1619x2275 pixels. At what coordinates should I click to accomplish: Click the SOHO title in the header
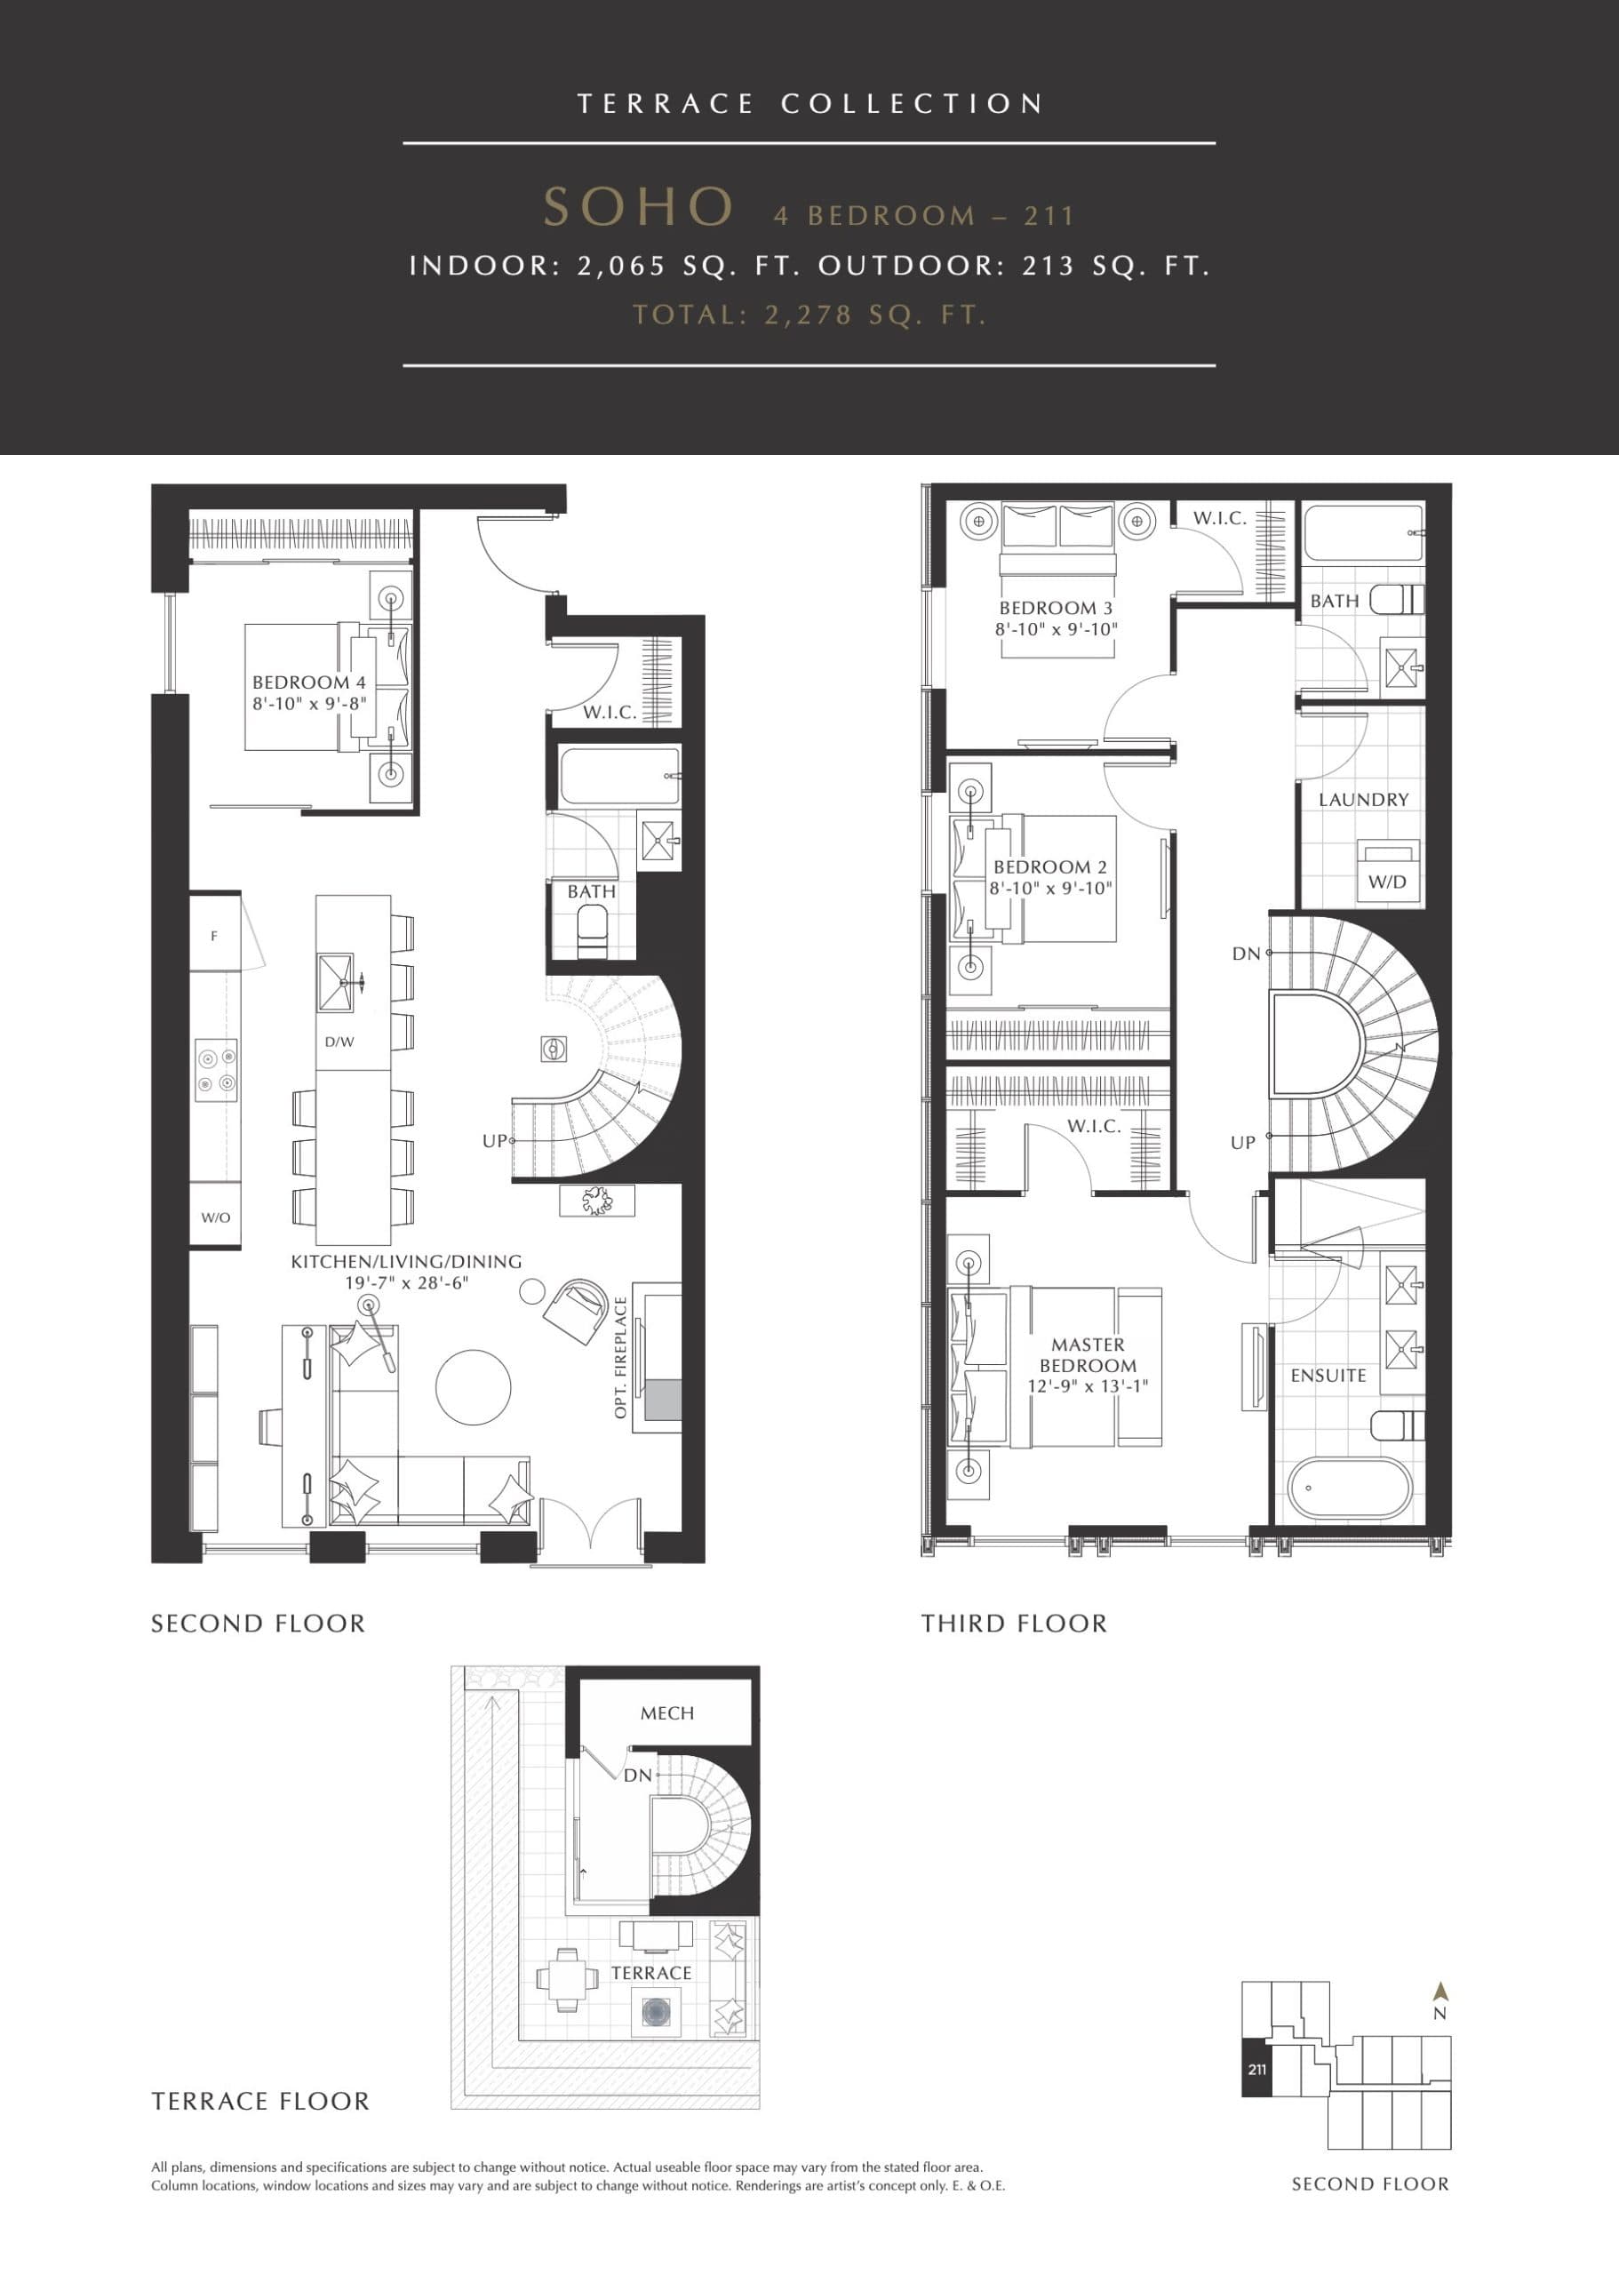[638, 207]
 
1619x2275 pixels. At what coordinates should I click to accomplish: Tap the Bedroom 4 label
[308, 682]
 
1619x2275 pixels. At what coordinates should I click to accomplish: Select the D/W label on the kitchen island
[339, 1042]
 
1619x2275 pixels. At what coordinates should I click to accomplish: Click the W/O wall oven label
[215, 1217]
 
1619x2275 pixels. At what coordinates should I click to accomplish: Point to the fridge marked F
[213, 936]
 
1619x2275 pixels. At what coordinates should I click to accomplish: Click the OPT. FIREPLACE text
[621, 1357]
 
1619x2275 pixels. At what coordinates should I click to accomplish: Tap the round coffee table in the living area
[473, 1386]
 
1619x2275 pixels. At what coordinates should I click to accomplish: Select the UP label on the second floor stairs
[494, 1140]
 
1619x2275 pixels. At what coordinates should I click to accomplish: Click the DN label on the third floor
[1246, 953]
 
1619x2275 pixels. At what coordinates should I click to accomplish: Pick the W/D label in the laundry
[1387, 882]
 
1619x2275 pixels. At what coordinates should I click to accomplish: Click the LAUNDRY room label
[1363, 800]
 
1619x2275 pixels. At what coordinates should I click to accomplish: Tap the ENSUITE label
[1328, 1375]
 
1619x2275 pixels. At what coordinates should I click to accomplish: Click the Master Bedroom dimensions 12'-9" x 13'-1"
[1088, 1385]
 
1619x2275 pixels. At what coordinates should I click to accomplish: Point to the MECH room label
[667, 1712]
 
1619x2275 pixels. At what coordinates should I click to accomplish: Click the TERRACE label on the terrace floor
[651, 1973]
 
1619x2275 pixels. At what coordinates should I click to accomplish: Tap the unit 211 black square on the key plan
[1257, 2069]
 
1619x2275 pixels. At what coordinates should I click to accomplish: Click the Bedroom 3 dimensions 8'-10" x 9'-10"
[1056, 629]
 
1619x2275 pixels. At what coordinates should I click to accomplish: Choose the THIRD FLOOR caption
[1014, 1624]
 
